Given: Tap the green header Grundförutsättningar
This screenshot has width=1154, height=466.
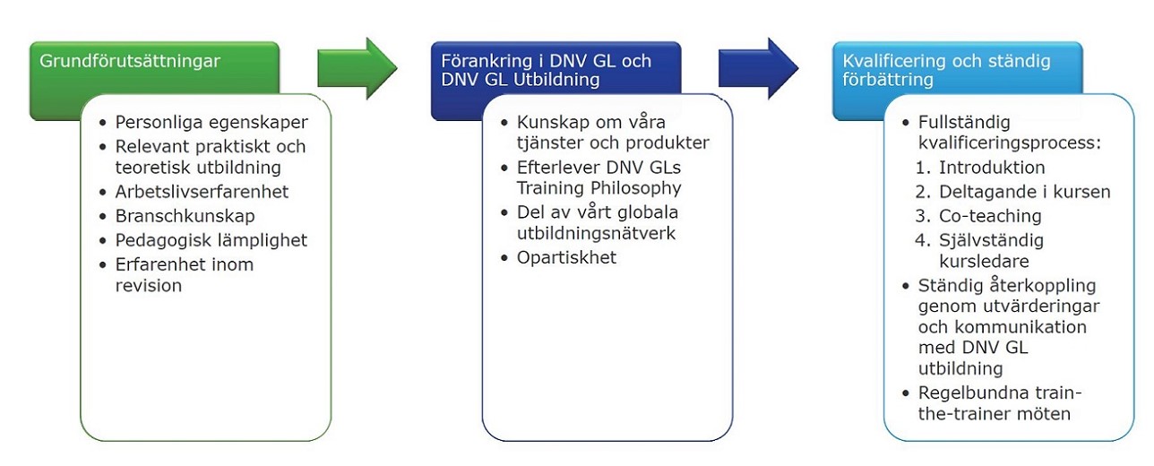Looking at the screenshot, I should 131,62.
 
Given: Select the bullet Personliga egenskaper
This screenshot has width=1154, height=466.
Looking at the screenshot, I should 211,123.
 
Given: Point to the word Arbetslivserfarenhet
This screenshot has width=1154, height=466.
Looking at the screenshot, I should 202,193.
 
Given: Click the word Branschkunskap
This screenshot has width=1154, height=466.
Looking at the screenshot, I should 185,216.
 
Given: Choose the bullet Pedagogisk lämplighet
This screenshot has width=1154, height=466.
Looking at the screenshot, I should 211,240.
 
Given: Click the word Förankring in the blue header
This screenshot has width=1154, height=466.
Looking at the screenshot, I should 484,62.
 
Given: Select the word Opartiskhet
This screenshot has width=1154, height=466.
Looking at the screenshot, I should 567,258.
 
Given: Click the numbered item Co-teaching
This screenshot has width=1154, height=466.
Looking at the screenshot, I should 990,216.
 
